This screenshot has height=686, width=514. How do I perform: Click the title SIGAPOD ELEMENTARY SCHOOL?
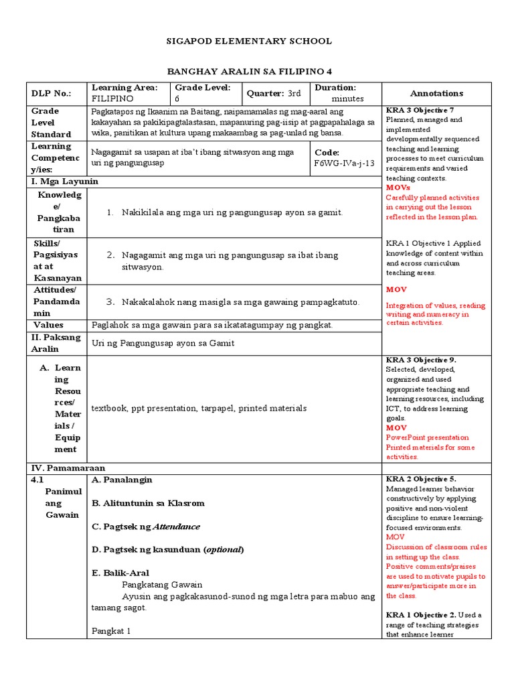[x=249, y=42]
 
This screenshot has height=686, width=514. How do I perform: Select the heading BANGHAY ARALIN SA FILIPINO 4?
[x=249, y=72]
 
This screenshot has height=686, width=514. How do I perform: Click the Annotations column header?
[x=436, y=94]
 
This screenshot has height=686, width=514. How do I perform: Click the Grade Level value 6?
[x=177, y=98]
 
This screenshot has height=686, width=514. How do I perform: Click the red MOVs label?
[x=397, y=188]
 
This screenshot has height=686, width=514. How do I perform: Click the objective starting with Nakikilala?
[x=232, y=212]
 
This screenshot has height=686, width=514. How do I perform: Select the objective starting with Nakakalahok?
[x=241, y=302]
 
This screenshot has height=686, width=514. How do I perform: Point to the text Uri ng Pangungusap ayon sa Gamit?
[x=163, y=343]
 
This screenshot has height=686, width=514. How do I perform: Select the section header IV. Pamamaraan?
[x=68, y=468]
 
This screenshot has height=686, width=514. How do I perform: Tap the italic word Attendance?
[x=177, y=527]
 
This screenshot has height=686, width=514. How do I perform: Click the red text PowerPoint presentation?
[x=427, y=437]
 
